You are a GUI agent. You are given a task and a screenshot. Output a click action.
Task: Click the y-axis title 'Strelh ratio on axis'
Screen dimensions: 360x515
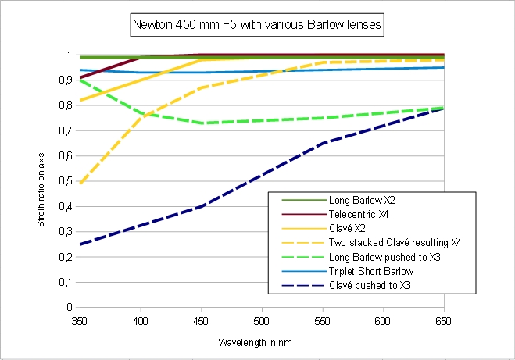[x=41, y=181]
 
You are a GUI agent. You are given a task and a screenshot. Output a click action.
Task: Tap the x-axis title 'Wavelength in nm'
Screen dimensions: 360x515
[x=261, y=341]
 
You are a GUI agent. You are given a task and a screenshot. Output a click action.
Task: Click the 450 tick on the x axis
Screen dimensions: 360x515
[x=202, y=320]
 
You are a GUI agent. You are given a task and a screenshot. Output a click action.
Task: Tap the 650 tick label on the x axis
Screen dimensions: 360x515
[x=444, y=320]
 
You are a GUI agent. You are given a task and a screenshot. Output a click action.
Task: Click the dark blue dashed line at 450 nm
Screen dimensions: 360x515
[x=202, y=206]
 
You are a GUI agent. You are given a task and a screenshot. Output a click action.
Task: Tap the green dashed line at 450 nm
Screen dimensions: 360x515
[x=202, y=123]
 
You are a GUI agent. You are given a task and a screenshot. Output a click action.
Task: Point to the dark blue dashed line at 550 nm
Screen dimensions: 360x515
[x=323, y=144]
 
